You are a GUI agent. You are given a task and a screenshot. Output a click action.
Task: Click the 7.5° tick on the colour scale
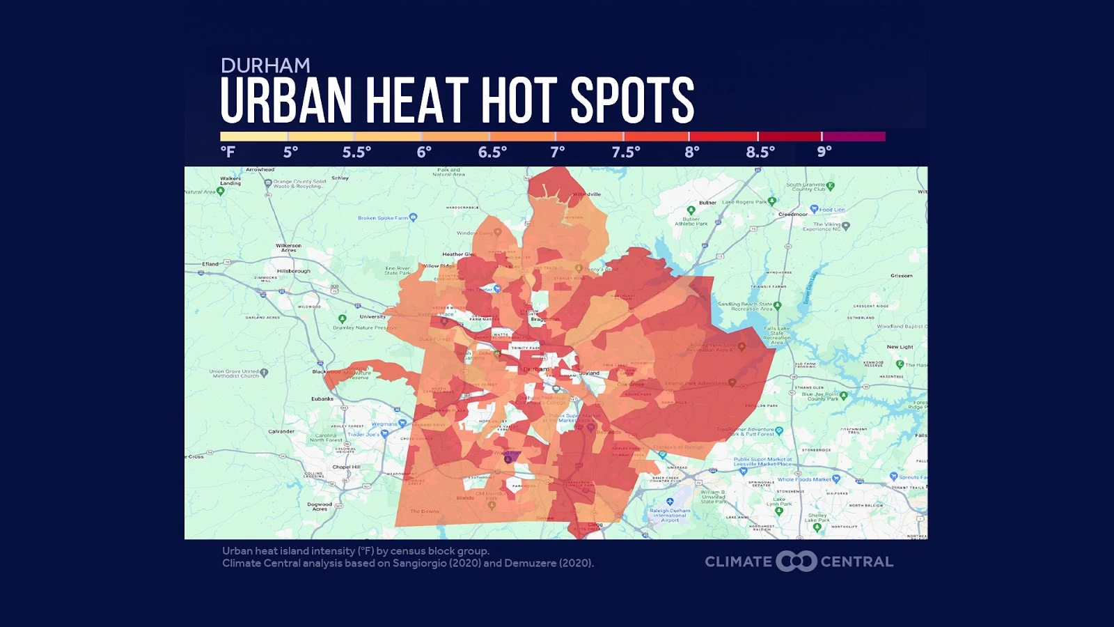623,137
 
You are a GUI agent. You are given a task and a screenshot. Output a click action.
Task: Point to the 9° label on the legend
824,152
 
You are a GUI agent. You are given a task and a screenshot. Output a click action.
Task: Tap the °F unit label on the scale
228,152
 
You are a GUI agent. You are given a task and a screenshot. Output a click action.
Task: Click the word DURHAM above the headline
265,65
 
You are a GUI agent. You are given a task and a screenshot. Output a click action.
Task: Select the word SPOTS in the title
632,100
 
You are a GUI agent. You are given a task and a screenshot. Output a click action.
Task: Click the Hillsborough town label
294,271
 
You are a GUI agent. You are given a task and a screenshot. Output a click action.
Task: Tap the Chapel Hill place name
346,467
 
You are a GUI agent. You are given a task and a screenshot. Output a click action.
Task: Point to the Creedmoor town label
793,215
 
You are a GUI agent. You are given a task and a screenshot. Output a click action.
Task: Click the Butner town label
707,203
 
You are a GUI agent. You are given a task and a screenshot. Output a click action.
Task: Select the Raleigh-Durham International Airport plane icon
670,502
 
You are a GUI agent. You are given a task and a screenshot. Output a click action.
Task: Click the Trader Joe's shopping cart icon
384,434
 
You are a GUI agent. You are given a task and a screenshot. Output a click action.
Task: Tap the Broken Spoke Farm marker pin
414,217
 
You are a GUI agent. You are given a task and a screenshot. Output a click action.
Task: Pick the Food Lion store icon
814,209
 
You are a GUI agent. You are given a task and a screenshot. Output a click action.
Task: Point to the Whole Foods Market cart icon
836,479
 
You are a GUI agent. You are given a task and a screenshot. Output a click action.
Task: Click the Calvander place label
281,431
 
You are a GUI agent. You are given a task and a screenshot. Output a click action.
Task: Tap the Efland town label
210,264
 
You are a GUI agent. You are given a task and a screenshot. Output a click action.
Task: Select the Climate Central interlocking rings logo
797,562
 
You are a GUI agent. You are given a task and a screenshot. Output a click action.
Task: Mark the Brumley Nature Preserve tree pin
342,319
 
